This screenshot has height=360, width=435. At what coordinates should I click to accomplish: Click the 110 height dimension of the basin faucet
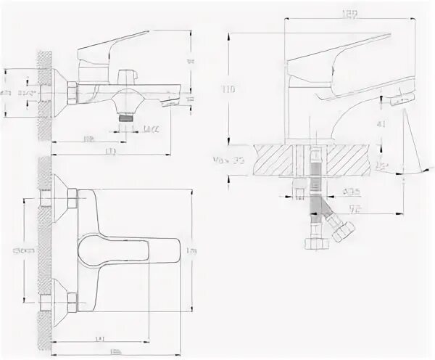click(230, 89)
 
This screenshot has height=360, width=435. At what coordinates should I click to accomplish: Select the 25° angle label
click(382, 167)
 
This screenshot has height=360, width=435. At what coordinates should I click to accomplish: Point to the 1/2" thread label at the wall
click(30, 94)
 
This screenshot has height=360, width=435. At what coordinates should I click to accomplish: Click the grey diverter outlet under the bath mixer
click(128, 114)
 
